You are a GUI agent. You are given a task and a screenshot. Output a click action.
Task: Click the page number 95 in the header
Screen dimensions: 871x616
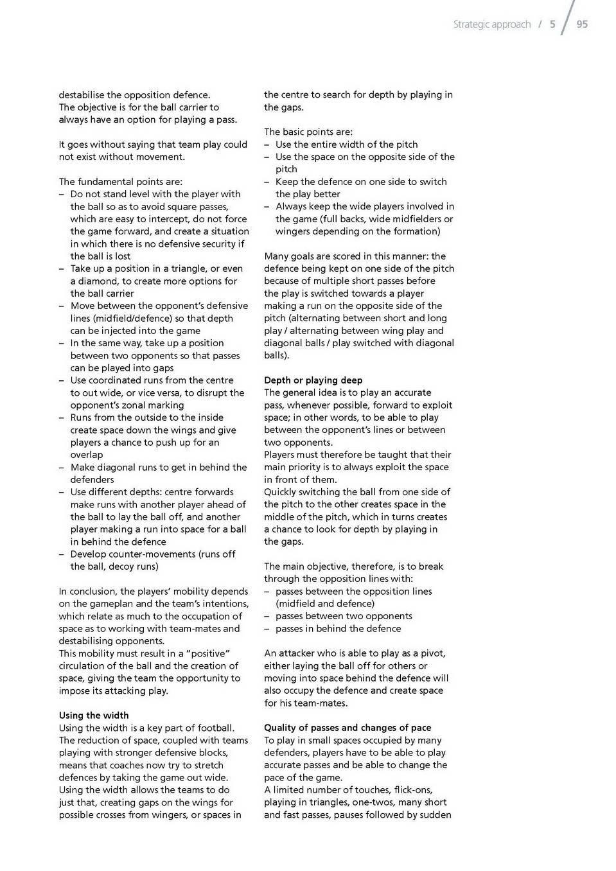pos(582,24)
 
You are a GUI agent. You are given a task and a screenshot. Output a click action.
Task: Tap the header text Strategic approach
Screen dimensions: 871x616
pos(491,24)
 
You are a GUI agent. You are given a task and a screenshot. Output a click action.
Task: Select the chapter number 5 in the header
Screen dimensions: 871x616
pos(552,24)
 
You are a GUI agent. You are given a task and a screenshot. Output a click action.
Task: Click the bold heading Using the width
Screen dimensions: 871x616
pos(94,716)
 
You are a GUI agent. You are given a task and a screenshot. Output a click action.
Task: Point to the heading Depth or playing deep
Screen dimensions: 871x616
pos(313,380)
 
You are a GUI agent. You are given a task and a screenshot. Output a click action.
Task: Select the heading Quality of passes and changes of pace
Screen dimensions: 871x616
pos(348,728)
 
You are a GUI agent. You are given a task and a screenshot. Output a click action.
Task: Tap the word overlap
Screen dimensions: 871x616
pos(87,455)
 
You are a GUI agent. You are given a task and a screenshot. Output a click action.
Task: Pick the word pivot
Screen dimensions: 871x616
pos(433,653)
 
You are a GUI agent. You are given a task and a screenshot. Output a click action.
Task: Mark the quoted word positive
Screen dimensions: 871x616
pos(208,653)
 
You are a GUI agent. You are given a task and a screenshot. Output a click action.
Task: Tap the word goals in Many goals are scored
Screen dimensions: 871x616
pos(306,256)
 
